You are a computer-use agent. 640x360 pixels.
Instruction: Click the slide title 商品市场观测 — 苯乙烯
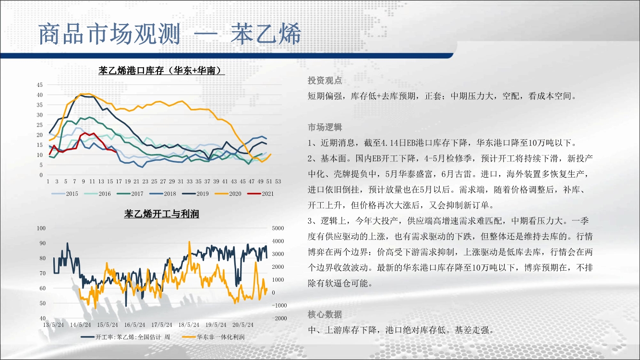tap(169, 34)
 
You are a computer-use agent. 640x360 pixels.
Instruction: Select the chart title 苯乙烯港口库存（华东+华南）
tap(161, 70)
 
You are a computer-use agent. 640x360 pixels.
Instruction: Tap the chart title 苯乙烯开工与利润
tap(161, 214)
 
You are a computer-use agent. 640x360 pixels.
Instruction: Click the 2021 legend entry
tap(260, 194)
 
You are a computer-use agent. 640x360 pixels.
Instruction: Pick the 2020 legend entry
tap(228, 194)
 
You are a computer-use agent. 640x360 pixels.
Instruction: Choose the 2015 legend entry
tap(64, 194)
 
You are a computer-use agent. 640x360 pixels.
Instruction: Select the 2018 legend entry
tap(163, 194)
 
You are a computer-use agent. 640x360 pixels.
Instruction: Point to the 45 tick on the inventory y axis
tap(39, 85)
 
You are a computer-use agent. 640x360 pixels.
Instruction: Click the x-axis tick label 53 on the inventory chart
tap(278, 181)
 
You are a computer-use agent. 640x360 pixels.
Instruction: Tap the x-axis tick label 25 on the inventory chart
tap(154, 181)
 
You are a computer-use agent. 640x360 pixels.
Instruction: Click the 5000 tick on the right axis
tap(278, 228)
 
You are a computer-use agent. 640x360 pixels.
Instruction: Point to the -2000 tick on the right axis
tap(279, 318)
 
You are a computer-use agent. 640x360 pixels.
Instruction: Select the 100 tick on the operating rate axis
tap(41, 228)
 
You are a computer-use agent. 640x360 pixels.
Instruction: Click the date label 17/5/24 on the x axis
tap(162, 325)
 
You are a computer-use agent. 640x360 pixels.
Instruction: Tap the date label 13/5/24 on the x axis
tap(53, 325)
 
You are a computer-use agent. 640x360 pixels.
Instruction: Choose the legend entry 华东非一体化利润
tap(213, 337)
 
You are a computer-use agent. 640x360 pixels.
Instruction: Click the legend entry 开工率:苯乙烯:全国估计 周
tap(125, 337)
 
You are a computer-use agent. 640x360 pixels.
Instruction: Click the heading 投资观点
tap(325, 81)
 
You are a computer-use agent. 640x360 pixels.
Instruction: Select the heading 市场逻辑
tap(325, 127)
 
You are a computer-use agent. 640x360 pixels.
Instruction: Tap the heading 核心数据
tap(325, 314)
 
